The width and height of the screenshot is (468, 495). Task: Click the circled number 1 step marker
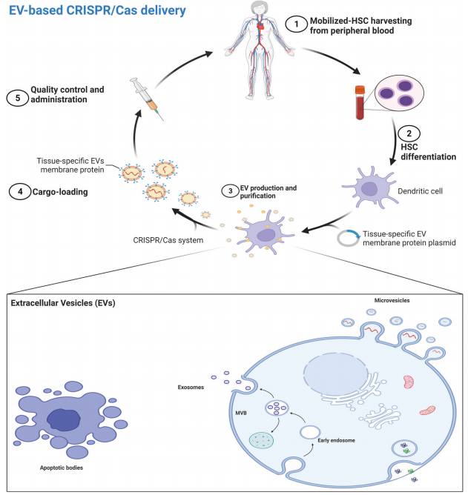click(297, 24)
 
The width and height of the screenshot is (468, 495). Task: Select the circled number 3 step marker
click(231, 190)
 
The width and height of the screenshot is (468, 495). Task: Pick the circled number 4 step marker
click(18, 192)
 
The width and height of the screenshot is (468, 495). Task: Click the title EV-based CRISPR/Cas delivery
click(93, 11)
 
